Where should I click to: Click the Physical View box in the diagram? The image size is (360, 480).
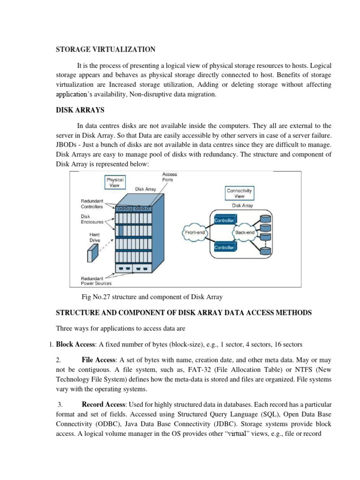point(115,182)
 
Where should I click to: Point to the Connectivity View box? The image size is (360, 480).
point(239,194)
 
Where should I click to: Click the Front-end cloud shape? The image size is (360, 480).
point(194,232)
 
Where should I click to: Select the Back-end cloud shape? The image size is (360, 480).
point(245,232)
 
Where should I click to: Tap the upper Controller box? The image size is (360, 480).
point(224,219)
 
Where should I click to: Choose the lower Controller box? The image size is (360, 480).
point(224,247)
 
